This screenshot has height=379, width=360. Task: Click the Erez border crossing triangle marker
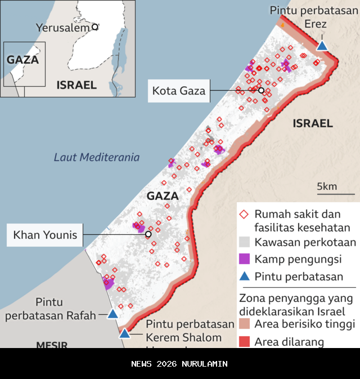[322, 46]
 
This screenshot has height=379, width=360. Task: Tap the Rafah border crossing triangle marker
[112, 314]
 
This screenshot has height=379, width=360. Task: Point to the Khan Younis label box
[45, 234]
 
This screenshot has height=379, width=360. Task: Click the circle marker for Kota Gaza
[261, 91]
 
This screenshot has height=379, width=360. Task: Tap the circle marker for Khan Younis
[148, 234]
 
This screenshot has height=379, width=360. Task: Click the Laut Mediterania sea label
[97, 157]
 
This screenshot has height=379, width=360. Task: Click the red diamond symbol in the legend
[244, 215]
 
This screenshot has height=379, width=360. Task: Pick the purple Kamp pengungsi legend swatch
[244, 259]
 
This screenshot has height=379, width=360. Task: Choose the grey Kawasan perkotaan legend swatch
[244, 243]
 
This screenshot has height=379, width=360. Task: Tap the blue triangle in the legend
[244, 276]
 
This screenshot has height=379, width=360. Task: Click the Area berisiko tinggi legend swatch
[244, 324]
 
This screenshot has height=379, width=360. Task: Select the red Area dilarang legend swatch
[244, 341]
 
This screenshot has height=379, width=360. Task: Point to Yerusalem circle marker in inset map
[95, 26]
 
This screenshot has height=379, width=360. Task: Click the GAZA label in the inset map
[22, 60]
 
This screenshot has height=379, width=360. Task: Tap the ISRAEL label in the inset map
[76, 85]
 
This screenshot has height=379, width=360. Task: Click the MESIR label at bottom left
[52, 344]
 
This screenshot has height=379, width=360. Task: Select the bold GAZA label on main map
[162, 196]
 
